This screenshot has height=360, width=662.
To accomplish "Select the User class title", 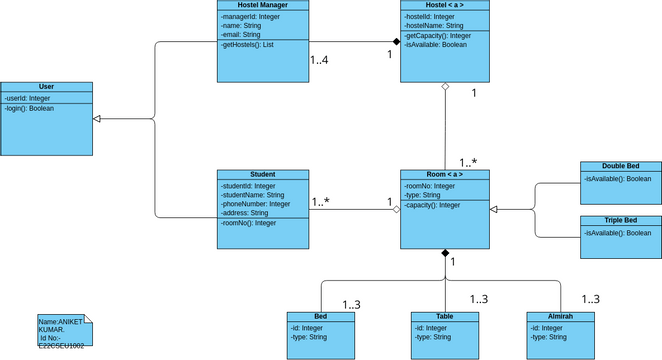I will [x=47, y=88].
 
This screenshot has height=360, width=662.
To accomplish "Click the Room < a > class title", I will [x=445, y=175].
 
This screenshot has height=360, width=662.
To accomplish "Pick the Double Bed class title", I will [x=620, y=166].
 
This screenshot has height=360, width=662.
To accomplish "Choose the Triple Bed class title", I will [x=620, y=220].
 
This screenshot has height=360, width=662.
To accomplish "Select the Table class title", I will [x=445, y=316].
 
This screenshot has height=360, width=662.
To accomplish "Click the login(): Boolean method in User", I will [x=29, y=108].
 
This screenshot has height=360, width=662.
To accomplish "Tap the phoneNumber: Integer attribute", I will [x=256, y=204].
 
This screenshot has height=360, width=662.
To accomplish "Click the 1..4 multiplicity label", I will [x=321, y=62].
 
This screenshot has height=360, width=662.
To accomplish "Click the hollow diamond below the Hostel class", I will [x=445, y=88].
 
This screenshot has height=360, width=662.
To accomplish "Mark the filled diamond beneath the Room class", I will [x=445, y=254].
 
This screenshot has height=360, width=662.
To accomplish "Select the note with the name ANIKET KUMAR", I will [x=62, y=331].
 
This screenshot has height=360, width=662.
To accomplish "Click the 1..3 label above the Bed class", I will [x=352, y=305].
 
